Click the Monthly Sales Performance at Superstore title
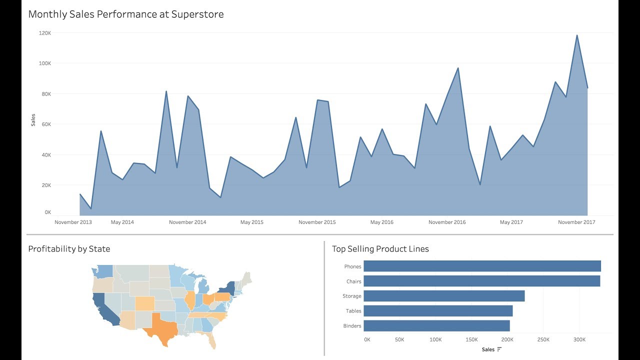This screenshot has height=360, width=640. tap(126, 14)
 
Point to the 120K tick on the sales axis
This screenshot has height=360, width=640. tap(45, 33)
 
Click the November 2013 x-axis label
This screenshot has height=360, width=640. tap(73, 222)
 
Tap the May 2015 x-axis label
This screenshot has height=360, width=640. tap(251, 222)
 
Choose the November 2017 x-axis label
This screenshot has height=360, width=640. tap(576, 222)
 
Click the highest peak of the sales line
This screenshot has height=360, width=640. tap(577, 35)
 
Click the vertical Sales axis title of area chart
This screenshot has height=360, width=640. tap(33, 120)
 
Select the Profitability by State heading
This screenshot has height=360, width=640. tap(69, 249)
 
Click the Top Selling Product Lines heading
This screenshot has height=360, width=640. tap(380, 249)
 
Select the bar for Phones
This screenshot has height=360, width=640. tap(482, 266)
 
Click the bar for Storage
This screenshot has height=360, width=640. tap(444, 296)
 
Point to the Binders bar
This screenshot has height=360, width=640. tap(436, 326)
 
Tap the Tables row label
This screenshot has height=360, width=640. tap(353, 311)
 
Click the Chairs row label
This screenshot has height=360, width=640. tap(353, 281)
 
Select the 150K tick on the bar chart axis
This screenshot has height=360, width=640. tap(471, 339)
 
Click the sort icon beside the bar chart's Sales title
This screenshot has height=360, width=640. tap(499, 349)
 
